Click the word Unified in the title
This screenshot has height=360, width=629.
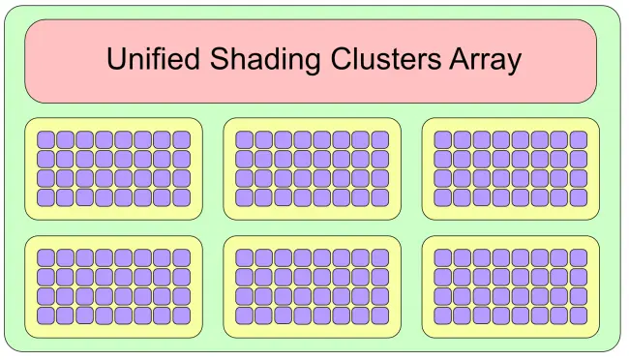[153, 59]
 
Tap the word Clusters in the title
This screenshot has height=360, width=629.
[386, 59]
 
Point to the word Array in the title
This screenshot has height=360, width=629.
[486, 61]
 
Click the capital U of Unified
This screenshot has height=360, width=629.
[116, 59]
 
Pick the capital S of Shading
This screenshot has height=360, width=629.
[220, 59]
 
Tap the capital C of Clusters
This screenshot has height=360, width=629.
[341, 59]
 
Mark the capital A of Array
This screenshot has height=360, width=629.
[460, 59]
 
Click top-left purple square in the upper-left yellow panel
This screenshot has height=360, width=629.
[45, 139]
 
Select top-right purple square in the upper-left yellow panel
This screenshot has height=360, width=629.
[182, 139]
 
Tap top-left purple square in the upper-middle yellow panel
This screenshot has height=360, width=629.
[244, 139]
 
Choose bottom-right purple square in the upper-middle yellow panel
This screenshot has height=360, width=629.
[380, 197]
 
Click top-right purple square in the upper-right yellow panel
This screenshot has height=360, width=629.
[579, 139]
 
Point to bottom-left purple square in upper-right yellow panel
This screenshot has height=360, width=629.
[443, 197]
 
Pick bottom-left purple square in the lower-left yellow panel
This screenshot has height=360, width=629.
[45, 315]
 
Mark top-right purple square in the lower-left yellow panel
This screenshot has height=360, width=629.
[182, 257]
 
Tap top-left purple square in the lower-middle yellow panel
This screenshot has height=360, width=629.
[244, 257]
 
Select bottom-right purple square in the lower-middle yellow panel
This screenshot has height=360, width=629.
[380, 315]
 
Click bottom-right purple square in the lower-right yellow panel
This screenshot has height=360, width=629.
[579, 315]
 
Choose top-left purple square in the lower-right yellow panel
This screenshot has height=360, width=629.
[443, 257]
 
